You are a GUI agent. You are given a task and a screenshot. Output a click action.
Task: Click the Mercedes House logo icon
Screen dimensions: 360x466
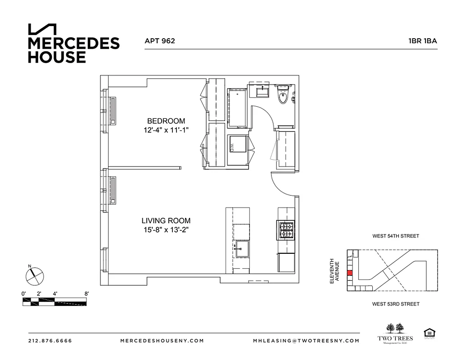click(42, 29)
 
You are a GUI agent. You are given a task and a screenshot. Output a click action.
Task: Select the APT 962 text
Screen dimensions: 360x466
click(159, 40)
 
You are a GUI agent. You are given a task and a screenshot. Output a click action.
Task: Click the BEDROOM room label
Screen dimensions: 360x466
click(166, 121)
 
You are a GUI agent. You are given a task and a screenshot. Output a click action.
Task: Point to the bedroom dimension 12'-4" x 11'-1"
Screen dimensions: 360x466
click(166, 130)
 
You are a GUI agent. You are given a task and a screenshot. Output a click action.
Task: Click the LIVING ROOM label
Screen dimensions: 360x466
click(166, 221)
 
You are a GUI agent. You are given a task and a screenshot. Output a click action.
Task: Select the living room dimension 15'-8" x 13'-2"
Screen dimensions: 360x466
click(166, 230)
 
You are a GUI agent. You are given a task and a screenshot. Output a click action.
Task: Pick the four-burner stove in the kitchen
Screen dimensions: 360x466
click(286, 230)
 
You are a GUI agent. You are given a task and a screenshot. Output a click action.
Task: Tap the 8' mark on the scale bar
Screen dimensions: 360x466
click(86, 294)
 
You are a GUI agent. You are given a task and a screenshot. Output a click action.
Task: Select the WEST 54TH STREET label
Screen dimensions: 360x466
click(395, 236)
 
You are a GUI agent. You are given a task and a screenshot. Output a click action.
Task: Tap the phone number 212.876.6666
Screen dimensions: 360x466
click(50, 341)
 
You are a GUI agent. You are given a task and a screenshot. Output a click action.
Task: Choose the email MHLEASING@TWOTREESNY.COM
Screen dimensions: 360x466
click(306, 341)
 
